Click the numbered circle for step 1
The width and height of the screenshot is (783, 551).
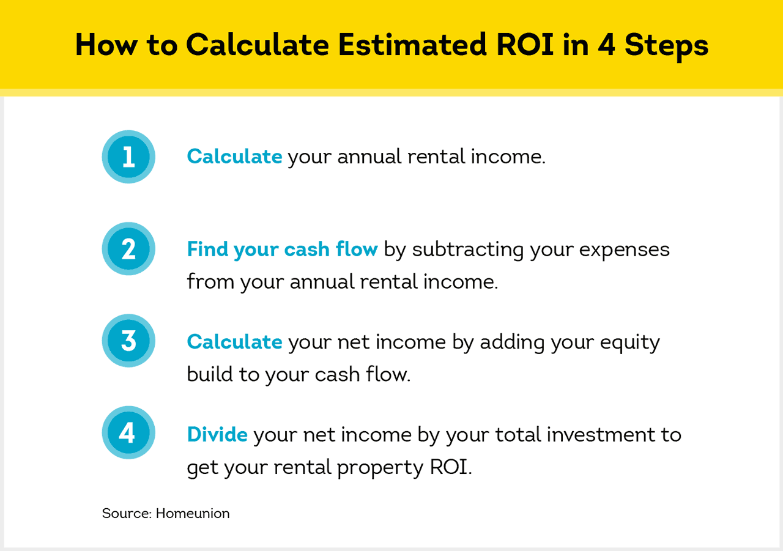(x=128, y=157)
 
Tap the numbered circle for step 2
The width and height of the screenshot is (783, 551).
(x=128, y=250)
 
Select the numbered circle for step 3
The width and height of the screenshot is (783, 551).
(x=128, y=341)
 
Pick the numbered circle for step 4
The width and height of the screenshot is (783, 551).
(x=128, y=434)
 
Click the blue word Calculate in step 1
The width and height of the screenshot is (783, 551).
(x=234, y=157)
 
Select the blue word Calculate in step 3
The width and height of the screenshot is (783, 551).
(x=234, y=341)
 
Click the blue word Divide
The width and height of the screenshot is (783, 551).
(x=217, y=434)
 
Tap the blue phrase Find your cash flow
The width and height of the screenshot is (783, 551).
(x=282, y=250)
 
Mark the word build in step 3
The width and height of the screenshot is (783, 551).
(x=209, y=374)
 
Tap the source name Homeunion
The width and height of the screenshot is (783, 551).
(x=193, y=513)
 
